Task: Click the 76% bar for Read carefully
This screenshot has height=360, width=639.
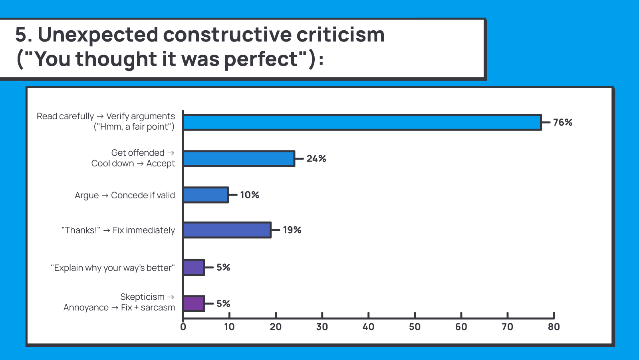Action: [362, 123]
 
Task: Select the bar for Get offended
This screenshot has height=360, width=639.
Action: [239, 159]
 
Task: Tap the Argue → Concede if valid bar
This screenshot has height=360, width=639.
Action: [206, 195]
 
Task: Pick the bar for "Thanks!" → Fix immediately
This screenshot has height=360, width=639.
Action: [227, 230]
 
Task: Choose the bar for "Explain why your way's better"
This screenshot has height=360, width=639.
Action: [194, 267]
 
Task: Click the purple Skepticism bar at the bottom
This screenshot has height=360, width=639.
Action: [194, 304]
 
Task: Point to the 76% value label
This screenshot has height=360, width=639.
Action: [563, 123]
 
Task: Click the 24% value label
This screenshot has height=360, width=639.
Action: [316, 159]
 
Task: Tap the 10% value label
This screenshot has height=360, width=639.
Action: [250, 195]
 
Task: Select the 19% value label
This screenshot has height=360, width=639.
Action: [292, 230]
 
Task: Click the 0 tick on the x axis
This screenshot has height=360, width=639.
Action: [183, 327]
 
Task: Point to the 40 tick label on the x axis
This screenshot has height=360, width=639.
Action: [368, 327]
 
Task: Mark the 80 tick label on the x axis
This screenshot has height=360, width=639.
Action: [554, 327]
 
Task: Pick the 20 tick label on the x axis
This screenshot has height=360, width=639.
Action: [276, 327]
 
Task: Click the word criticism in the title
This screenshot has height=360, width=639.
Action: [340, 35]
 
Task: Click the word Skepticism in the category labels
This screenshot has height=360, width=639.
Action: [142, 297]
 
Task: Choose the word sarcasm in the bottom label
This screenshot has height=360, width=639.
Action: [158, 308]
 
